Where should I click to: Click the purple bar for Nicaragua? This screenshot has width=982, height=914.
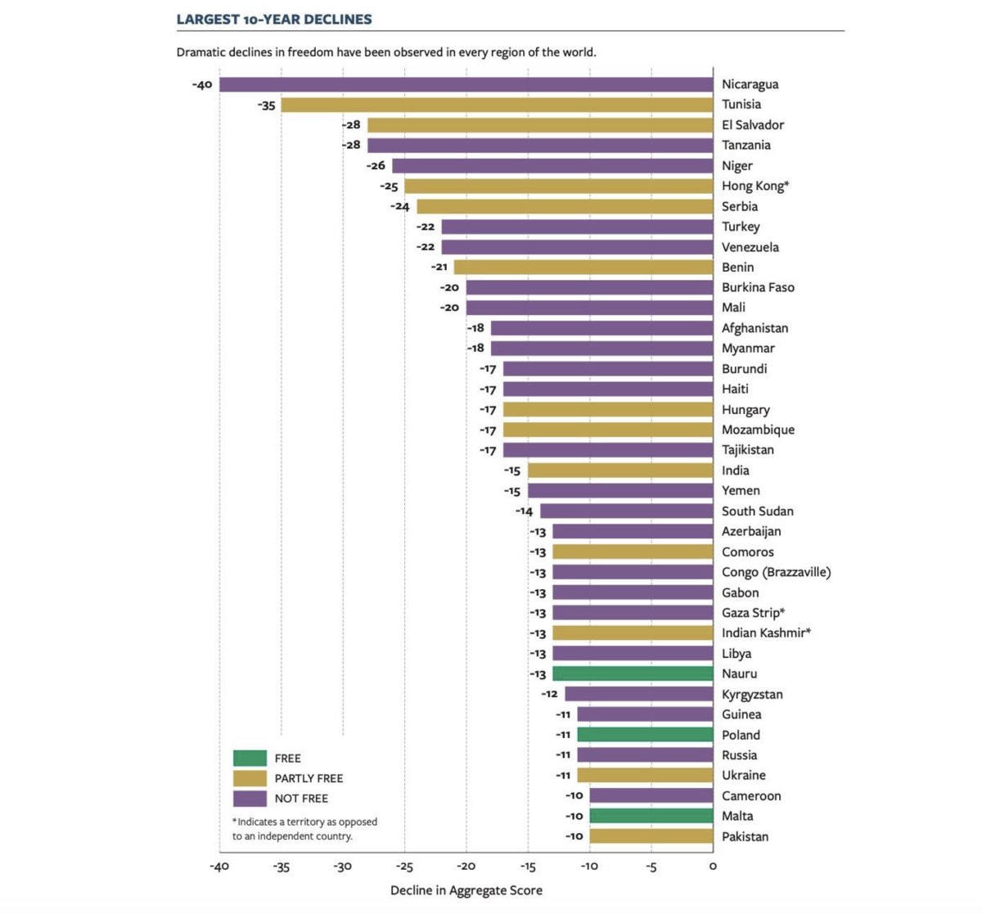point(466,84)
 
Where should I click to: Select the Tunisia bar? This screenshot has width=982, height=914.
point(497,105)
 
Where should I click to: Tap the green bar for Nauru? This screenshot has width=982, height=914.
point(633,673)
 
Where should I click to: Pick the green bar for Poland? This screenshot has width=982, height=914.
point(645,735)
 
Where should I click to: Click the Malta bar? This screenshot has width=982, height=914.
point(651,816)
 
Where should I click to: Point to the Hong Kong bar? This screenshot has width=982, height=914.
point(558,186)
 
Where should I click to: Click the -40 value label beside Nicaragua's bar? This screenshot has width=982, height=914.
point(202,85)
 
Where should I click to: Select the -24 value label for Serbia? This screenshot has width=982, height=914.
point(400,207)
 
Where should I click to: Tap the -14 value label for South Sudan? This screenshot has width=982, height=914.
point(524,511)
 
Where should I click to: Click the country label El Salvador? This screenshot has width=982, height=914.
point(753,125)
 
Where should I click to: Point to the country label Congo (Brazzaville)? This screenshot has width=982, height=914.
point(776,572)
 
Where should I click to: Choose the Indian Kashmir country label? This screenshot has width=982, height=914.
point(766,633)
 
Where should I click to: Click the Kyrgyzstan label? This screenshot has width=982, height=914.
point(752,694)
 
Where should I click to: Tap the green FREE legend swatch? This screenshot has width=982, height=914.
point(250,759)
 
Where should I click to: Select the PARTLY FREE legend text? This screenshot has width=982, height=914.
point(309,778)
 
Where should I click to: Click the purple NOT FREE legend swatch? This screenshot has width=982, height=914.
point(250,799)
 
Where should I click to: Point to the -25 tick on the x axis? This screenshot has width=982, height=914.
point(404,867)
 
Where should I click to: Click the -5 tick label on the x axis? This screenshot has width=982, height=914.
point(651,867)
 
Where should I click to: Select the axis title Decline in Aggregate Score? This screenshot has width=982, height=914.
point(466,890)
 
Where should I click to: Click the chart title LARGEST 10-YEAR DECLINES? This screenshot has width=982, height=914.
point(274,19)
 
